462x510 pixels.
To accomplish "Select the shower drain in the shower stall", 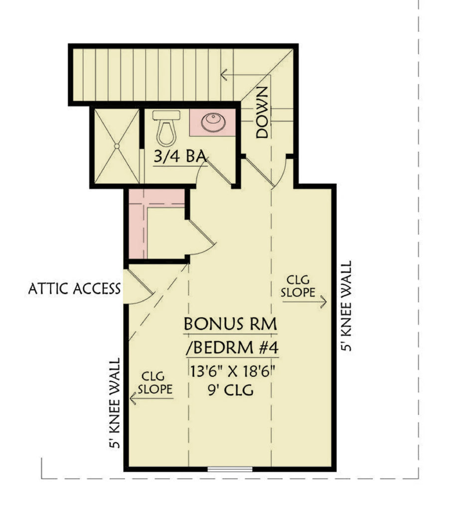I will point(116,146).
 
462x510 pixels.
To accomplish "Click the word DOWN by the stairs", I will point(262,113).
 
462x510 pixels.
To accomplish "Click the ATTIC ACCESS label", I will point(74,288).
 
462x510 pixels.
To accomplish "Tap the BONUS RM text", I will point(231,324).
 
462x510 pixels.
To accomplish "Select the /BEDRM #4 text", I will point(231,348).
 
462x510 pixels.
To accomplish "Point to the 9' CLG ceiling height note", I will point(232,389).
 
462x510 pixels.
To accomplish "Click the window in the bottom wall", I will point(230,469).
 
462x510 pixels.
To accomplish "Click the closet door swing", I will point(202,238).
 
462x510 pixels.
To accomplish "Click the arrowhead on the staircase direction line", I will point(224,75).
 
